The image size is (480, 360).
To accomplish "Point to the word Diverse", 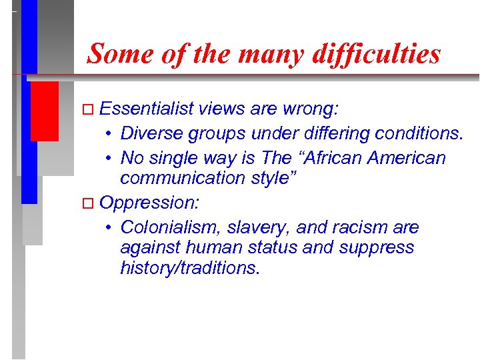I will [151, 133].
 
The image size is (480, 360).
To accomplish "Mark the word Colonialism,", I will [170, 227].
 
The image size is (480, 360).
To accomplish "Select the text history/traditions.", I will [190, 267].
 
